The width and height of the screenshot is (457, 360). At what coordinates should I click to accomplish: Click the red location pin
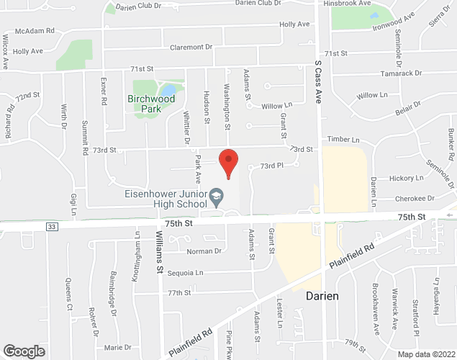click(228, 162)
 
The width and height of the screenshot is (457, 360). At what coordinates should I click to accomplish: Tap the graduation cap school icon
click(214, 195)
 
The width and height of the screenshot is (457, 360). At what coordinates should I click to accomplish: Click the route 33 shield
click(51, 226)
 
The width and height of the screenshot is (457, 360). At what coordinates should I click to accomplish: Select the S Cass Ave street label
click(317, 83)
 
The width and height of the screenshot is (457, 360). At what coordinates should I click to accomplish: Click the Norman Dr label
click(203, 251)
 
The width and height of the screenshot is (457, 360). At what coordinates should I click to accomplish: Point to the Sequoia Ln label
click(186, 273)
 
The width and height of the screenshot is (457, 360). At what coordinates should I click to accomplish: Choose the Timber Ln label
click(343, 140)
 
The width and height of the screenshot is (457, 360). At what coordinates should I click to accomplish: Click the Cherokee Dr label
click(415, 198)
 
